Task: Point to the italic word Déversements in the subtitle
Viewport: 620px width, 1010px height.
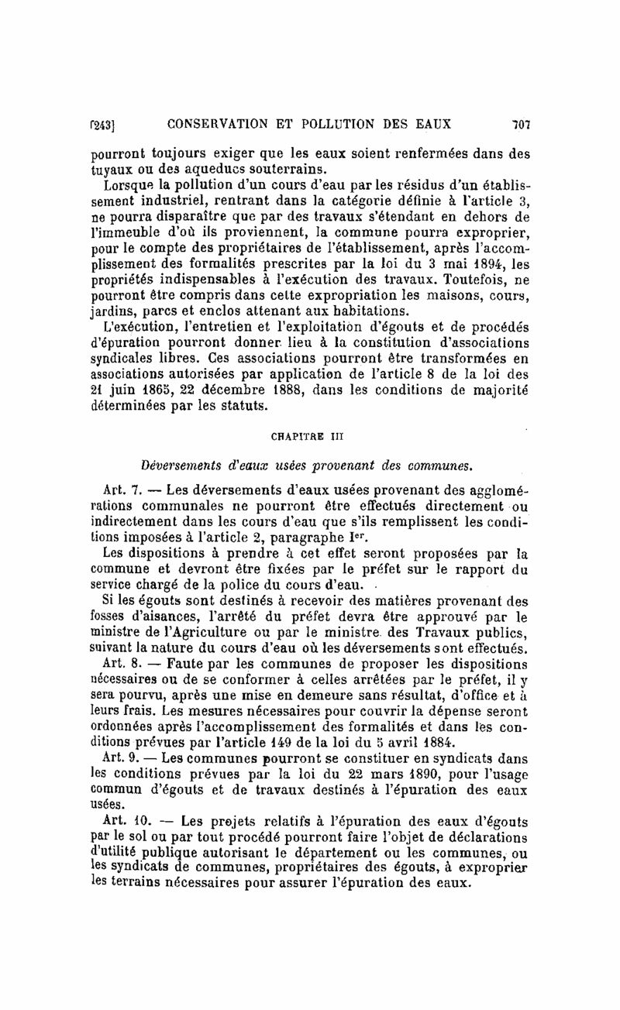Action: (x=180, y=465)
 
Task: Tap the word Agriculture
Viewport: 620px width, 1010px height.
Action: (x=201, y=619)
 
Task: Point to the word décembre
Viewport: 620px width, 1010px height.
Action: (x=236, y=390)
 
